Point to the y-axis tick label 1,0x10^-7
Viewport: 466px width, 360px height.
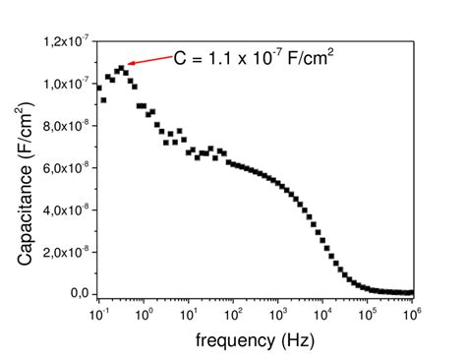click(66, 84)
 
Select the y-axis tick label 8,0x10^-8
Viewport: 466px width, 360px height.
click(66, 126)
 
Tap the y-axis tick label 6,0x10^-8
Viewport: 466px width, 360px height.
click(66, 168)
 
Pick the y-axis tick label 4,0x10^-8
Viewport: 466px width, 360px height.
click(66, 210)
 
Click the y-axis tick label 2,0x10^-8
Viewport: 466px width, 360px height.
click(66, 252)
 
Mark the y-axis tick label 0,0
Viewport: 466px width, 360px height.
click(79, 294)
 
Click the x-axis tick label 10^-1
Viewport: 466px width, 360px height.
click(98, 314)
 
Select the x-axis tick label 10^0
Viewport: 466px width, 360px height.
click(144, 314)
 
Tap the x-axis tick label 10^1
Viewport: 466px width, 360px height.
click(189, 314)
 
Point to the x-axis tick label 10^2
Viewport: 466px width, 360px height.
click(233, 314)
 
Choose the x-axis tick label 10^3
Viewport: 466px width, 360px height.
click(278, 314)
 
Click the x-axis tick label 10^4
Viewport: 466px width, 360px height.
click(323, 314)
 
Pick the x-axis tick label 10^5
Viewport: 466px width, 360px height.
click(368, 314)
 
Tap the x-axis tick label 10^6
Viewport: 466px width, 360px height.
click(413, 314)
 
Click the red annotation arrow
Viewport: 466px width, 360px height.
click(148, 61)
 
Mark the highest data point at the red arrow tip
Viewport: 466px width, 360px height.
click(121, 67)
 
